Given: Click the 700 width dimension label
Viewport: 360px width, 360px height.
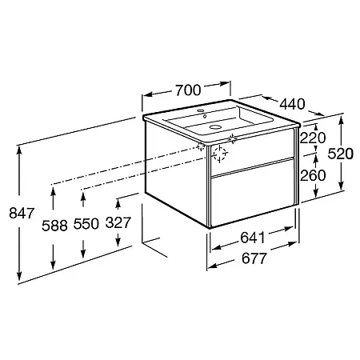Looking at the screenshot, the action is point(188,90).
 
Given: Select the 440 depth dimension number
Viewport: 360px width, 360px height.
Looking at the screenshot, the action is point(292,104).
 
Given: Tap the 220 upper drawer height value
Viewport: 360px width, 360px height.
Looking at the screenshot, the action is point(313,138).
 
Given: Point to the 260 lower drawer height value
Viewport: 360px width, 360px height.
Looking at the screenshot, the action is point(313,175).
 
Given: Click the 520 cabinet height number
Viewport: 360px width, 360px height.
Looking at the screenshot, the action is point(341,154).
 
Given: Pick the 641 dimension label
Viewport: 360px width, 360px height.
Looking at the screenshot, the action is point(253,238).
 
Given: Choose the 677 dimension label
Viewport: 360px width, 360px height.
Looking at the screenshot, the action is point(254,258).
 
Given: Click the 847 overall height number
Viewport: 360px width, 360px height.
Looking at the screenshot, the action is point(22,213).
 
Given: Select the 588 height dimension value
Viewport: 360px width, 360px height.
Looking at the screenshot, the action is point(54,226).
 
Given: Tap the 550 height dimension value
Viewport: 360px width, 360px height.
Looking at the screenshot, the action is point(86,223).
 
